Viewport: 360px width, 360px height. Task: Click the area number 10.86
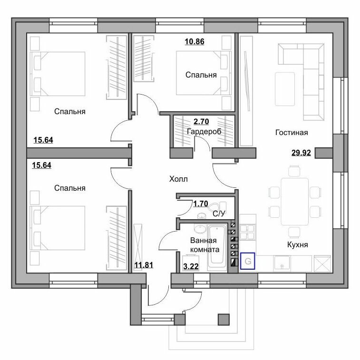(195, 41)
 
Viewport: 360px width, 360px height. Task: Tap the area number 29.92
(301, 153)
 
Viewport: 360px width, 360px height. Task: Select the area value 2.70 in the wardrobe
(201, 121)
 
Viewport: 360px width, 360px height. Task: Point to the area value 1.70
(201, 204)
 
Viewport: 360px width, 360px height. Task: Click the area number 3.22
(191, 266)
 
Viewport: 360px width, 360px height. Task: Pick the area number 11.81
(144, 265)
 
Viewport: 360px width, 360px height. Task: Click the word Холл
(178, 179)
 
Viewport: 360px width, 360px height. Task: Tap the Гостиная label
(292, 133)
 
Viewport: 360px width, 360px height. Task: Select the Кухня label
(298, 245)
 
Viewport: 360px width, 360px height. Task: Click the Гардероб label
(204, 132)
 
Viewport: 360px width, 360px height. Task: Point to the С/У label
(219, 214)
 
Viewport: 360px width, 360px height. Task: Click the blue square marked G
(248, 261)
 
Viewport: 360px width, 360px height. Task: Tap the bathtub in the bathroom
(217, 247)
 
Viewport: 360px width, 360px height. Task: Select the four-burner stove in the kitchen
(247, 232)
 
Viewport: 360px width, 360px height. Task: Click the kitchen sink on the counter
(282, 263)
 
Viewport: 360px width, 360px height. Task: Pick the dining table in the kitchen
(295, 202)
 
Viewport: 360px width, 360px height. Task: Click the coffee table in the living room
(285, 89)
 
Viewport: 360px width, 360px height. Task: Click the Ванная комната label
(204, 245)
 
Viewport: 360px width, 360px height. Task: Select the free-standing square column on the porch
(224, 320)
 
